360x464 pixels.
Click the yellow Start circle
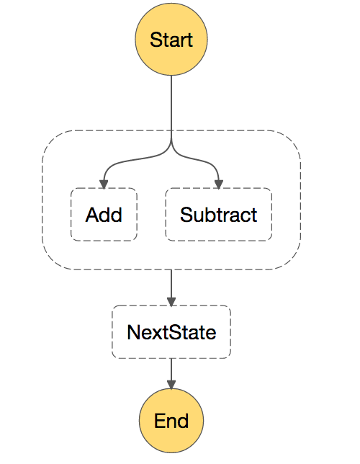[x=171, y=40]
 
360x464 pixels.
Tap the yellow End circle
[x=171, y=421]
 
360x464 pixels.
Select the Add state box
[x=104, y=214]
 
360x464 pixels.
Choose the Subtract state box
[x=219, y=214]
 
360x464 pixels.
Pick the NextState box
[x=171, y=331]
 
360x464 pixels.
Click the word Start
[x=171, y=40]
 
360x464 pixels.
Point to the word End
[x=171, y=421]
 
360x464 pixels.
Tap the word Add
[x=104, y=215]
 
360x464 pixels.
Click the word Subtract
[x=219, y=215]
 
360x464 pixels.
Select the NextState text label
[x=171, y=332]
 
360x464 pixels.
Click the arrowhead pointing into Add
[x=104, y=184]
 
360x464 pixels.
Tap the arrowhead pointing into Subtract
[x=219, y=184]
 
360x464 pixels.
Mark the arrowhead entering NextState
[x=171, y=302]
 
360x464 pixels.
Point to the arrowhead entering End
[x=171, y=384]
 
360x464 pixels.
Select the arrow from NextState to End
[x=171, y=373]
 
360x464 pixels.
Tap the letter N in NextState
[x=134, y=332]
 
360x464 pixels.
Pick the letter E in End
[x=160, y=421]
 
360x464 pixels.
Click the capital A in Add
[x=92, y=215]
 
